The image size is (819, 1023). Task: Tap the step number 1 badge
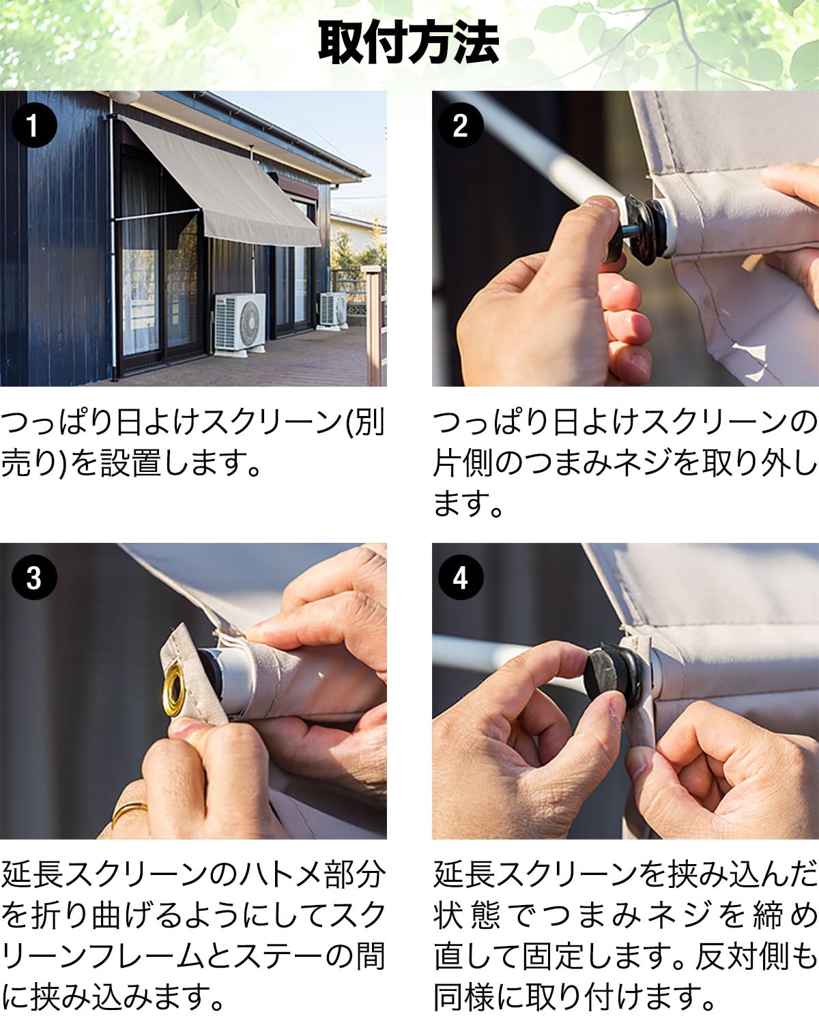coord(34,125)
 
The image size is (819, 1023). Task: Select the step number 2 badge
coord(461,125)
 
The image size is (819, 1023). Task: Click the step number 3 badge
coord(34,578)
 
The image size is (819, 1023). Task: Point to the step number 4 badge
coord(461,578)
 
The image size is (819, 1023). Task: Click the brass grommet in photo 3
coord(174,690)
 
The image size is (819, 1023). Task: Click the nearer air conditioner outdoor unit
coord(240,324)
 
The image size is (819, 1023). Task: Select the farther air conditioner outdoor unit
coord(332,310)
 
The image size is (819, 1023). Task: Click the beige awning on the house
coord(224,186)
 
